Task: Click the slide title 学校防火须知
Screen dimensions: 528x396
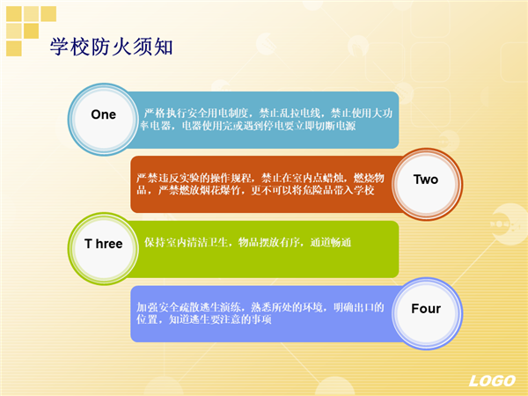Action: click(111, 47)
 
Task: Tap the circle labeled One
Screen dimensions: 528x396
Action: click(103, 119)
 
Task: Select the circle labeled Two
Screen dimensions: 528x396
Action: click(426, 184)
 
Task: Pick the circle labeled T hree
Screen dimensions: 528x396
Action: click(103, 248)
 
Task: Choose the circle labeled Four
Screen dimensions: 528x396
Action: click(426, 313)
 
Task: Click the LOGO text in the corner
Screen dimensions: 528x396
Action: click(492, 381)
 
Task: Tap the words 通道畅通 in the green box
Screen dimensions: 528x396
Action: click(330, 242)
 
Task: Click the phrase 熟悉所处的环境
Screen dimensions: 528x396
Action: click(287, 307)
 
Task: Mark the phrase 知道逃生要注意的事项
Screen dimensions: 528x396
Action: click(220, 319)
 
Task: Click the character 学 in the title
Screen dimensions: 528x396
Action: click(60, 47)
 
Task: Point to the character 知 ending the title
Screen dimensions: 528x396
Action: click(164, 47)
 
